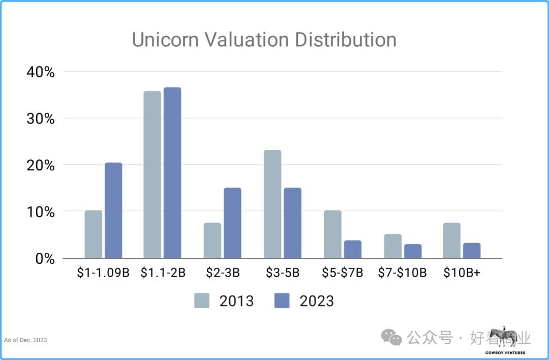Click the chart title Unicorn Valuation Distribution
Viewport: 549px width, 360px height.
coord(264,40)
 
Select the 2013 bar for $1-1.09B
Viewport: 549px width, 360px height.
coord(93,234)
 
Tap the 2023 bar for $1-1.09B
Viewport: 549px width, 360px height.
coord(113,211)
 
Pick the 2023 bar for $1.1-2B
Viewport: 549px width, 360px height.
coord(172,173)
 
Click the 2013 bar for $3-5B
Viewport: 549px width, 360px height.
coord(272,204)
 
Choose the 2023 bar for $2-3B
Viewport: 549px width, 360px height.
coord(232,223)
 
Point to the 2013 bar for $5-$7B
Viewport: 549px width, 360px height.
coord(332,234)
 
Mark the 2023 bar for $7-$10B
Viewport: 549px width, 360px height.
coord(413,251)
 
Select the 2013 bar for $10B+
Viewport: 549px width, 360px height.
coord(451,241)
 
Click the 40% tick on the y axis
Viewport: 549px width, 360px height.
coord(40,72)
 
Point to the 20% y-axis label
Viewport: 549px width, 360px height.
coord(40,165)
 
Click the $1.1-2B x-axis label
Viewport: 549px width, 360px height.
coord(163,273)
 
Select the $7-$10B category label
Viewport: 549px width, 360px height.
coord(402,273)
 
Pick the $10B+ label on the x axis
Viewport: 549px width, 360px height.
coord(462,273)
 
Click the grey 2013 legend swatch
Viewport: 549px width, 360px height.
coord(202,301)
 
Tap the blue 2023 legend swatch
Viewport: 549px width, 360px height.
coord(282,301)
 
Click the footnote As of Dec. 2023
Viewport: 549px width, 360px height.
coord(25,340)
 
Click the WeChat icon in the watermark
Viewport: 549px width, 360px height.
coord(392,337)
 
